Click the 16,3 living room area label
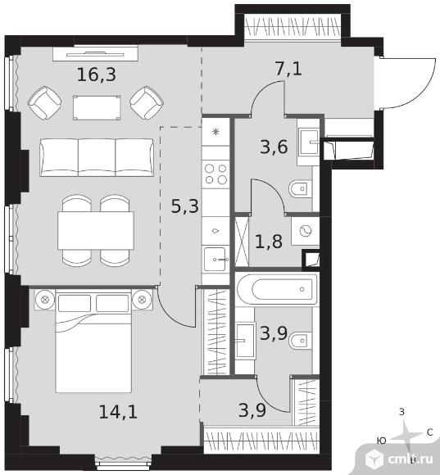[x=97, y=75]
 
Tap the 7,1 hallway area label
[x=288, y=69]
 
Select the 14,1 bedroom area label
[x=118, y=412]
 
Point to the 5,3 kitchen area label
[x=185, y=206]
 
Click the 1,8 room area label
[x=269, y=242]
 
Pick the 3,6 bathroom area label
[x=274, y=147]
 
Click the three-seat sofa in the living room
[x=97, y=157]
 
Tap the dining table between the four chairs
[x=96, y=230]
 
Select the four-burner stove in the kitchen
[x=215, y=174]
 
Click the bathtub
[x=277, y=289]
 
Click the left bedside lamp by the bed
[x=45, y=300]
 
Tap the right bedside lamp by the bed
[x=142, y=300]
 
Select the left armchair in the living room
[x=44, y=102]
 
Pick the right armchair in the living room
[x=147, y=102]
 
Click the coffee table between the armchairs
[x=97, y=108]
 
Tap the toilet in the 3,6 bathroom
[x=300, y=189]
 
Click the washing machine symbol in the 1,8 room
[x=306, y=231]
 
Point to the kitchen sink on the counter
[x=215, y=260]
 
